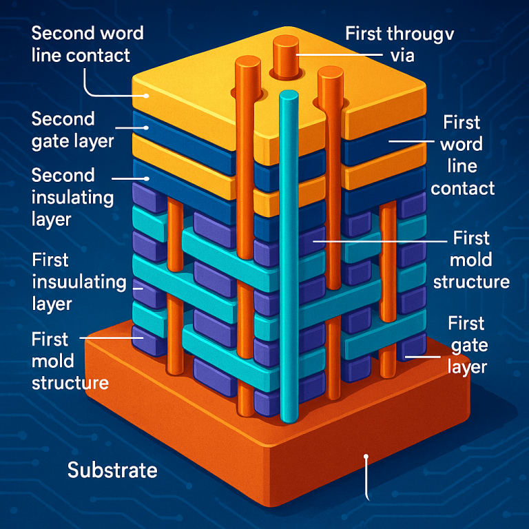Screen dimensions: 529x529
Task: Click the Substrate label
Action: click(112, 471)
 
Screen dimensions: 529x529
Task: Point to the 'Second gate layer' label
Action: click(72, 129)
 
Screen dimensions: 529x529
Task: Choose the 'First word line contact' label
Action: click(462, 155)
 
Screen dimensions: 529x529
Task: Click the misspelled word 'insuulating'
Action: click(80, 282)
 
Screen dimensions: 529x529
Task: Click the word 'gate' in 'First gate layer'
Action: click(466, 344)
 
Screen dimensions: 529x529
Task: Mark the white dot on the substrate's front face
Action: click(366, 456)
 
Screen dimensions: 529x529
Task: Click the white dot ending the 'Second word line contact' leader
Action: click(145, 96)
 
